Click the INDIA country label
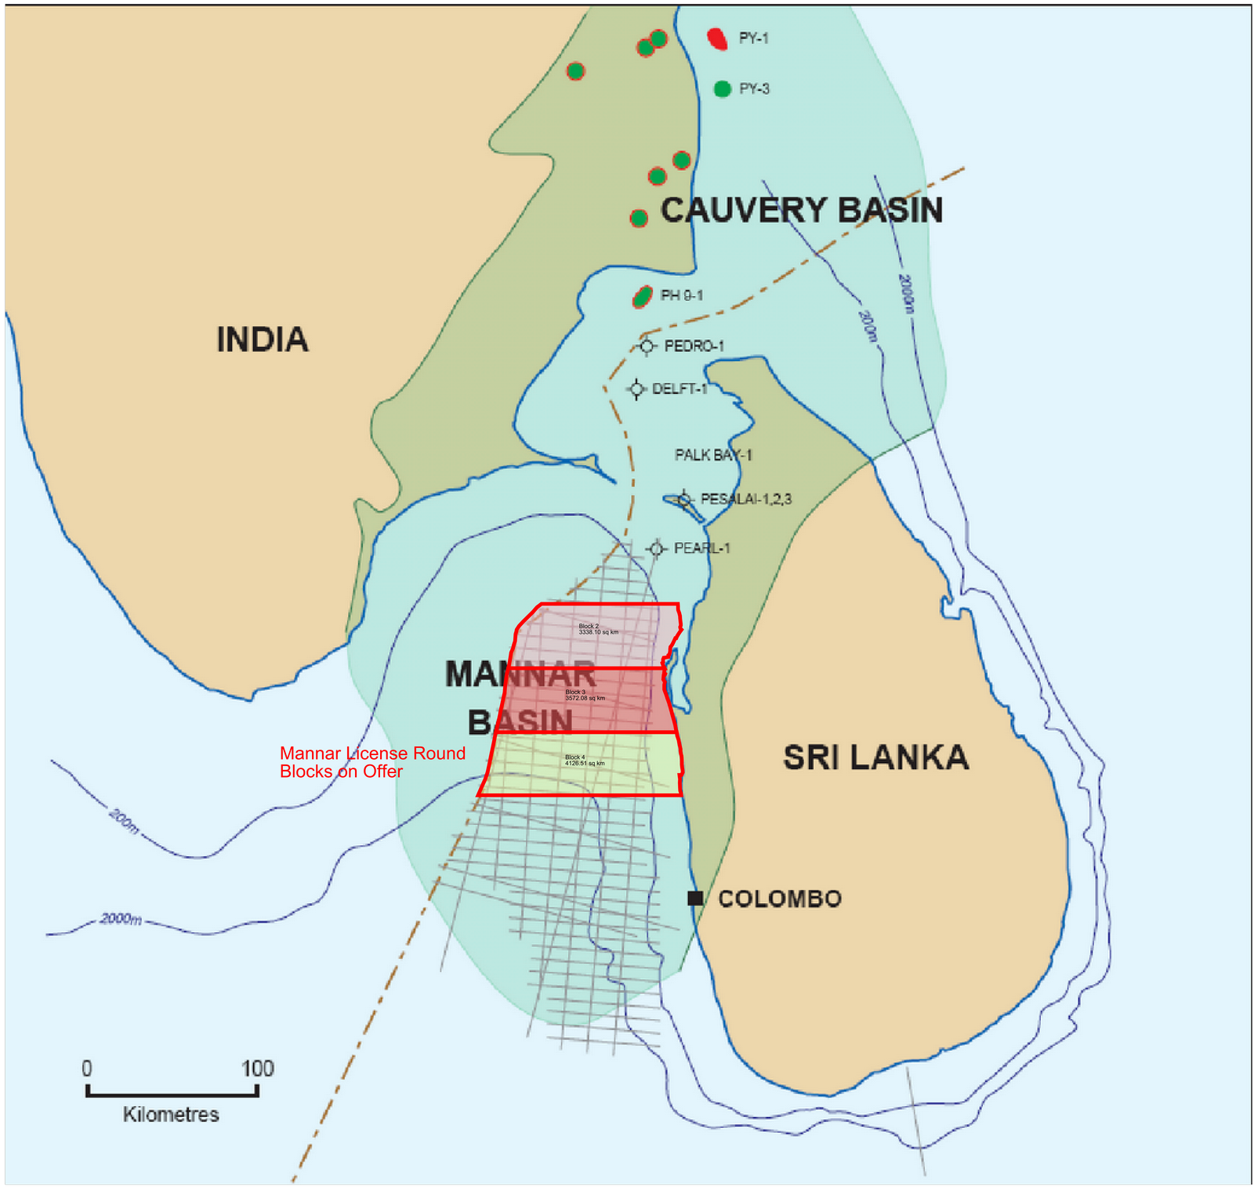(x=263, y=340)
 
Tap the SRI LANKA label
(x=875, y=757)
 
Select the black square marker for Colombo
(x=695, y=898)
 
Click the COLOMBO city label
(x=780, y=898)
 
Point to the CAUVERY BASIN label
(x=801, y=210)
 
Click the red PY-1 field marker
(x=717, y=38)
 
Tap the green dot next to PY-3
(x=723, y=89)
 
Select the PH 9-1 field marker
(x=643, y=296)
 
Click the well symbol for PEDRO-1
(x=647, y=346)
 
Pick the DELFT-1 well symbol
(x=636, y=389)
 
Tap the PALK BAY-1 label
(x=713, y=455)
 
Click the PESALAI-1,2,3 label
(x=745, y=499)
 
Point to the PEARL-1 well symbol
(x=657, y=548)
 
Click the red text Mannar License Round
(x=372, y=754)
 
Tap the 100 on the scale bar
(x=257, y=1068)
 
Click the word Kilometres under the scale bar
(x=171, y=1114)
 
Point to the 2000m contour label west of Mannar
(x=121, y=919)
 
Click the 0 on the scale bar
(x=87, y=1068)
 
